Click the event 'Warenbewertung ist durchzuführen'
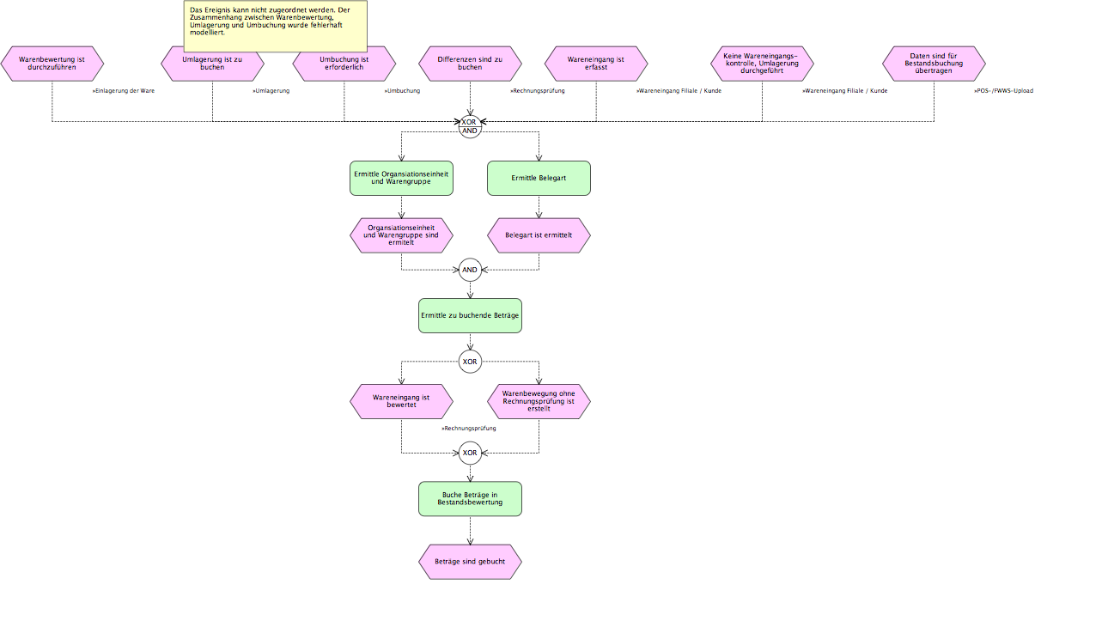(x=52, y=64)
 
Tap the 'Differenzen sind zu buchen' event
(x=470, y=64)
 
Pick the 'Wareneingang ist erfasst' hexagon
(x=596, y=64)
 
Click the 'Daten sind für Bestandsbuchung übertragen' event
(x=934, y=64)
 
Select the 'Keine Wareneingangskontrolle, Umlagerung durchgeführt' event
(x=762, y=64)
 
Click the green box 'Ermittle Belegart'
(x=539, y=178)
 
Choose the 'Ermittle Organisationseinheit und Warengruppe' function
(x=401, y=178)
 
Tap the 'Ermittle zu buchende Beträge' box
(x=470, y=316)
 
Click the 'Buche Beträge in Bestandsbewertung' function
(x=470, y=499)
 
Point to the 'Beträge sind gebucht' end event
(x=470, y=562)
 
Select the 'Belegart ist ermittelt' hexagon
(x=539, y=235)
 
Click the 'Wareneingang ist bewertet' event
(x=401, y=401)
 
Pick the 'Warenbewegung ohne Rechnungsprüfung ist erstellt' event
(x=539, y=401)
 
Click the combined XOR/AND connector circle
(x=470, y=126)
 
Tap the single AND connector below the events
(x=470, y=270)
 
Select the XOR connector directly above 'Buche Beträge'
(x=470, y=453)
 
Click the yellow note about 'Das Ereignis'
(x=276, y=27)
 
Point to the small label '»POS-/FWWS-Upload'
(x=1003, y=91)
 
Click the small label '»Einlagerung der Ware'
(x=124, y=91)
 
